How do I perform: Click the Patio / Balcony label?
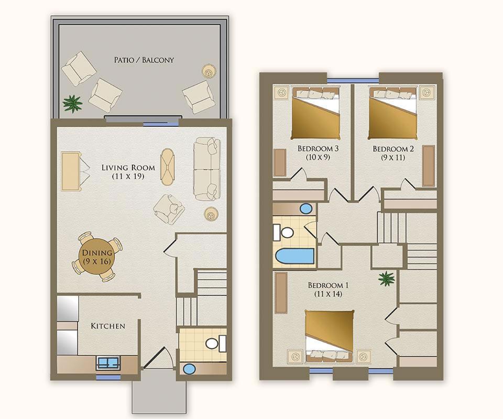[144, 60]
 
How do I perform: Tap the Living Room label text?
[128, 168]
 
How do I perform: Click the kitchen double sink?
[108, 362]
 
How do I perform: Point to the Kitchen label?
[108, 326]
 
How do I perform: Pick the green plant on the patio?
[73, 103]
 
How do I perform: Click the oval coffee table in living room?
[168, 167]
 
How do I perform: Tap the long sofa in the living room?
[207, 169]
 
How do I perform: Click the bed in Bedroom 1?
[329, 336]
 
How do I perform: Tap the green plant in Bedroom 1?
[386, 278]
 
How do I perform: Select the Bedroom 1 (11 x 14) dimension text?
[328, 294]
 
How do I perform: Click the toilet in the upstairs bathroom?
[283, 232]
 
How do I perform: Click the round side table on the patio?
[209, 71]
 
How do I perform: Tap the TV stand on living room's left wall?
[70, 172]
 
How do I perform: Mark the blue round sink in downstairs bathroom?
[189, 369]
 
